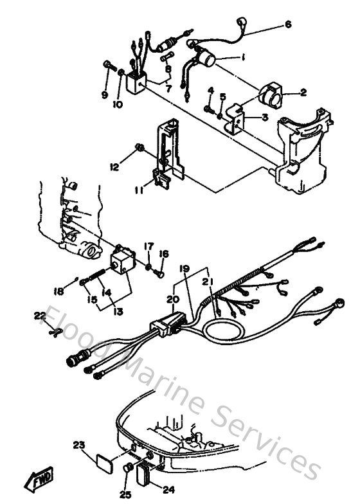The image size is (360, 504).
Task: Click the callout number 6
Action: pyautogui.click(x=288, y=24)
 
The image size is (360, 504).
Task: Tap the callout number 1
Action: pyautogui.click(x=243, y=58)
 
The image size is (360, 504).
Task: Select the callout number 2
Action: pyautogui.click(x=303, y=93)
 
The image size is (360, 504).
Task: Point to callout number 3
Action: pyautogui.click(x=264, y=117)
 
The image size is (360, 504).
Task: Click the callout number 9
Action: pyautogui.click(x=104, y=96)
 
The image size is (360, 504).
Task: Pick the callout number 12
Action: pyautogui.click(x=115, y=167)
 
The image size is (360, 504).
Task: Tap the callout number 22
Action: pyautogui.click(x=40, y=315)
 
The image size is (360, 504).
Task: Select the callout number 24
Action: pyautogui.click(x=168, y=489)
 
